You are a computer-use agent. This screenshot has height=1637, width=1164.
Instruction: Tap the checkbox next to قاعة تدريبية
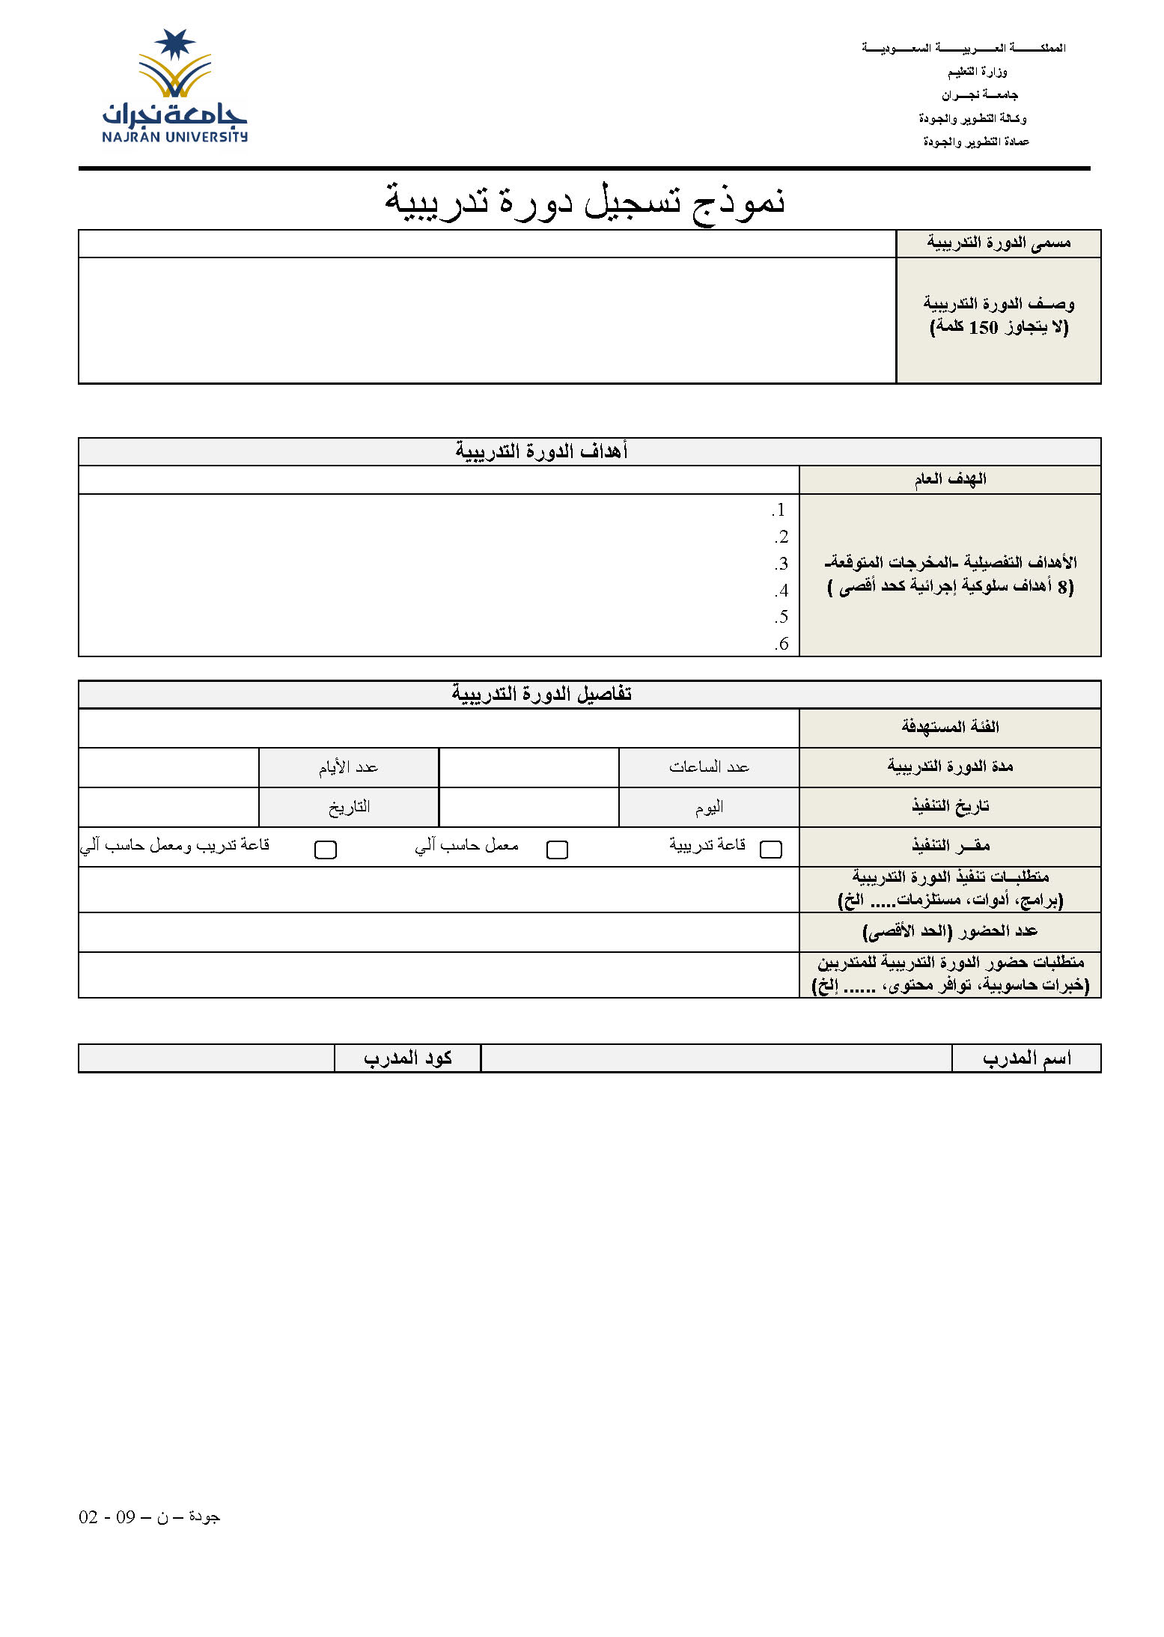[770, 849]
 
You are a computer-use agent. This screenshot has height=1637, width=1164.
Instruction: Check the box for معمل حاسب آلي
[557, 850]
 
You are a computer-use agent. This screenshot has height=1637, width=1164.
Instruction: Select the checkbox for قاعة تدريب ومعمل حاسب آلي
[326, 850]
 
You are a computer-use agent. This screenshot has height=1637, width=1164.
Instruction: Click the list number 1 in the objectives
[779, 510]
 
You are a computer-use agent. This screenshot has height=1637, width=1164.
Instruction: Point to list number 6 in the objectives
[781, 644]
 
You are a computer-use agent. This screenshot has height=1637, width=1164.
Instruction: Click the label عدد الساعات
[709, 767]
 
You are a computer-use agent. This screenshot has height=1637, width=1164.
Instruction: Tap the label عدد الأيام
[348, 767]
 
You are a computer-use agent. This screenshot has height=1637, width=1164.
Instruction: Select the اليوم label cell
[709, 807]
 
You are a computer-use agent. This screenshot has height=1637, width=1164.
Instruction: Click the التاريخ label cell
[349, 807]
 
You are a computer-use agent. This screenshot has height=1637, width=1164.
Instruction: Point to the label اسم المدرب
[1026, 1058]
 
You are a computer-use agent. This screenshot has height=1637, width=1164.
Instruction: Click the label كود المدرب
[407, 1058]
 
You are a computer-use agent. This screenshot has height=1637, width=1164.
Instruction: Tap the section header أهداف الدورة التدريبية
[541, 451]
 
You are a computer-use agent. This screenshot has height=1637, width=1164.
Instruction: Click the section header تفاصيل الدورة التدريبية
[541, 694]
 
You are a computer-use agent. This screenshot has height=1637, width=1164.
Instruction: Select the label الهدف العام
[950, 479]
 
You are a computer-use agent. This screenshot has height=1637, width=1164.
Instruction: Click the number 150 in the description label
[984, 327]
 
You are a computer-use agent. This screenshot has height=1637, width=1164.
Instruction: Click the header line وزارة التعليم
[977, 72]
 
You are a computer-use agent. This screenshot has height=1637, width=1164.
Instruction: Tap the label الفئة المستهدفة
[950, 727]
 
